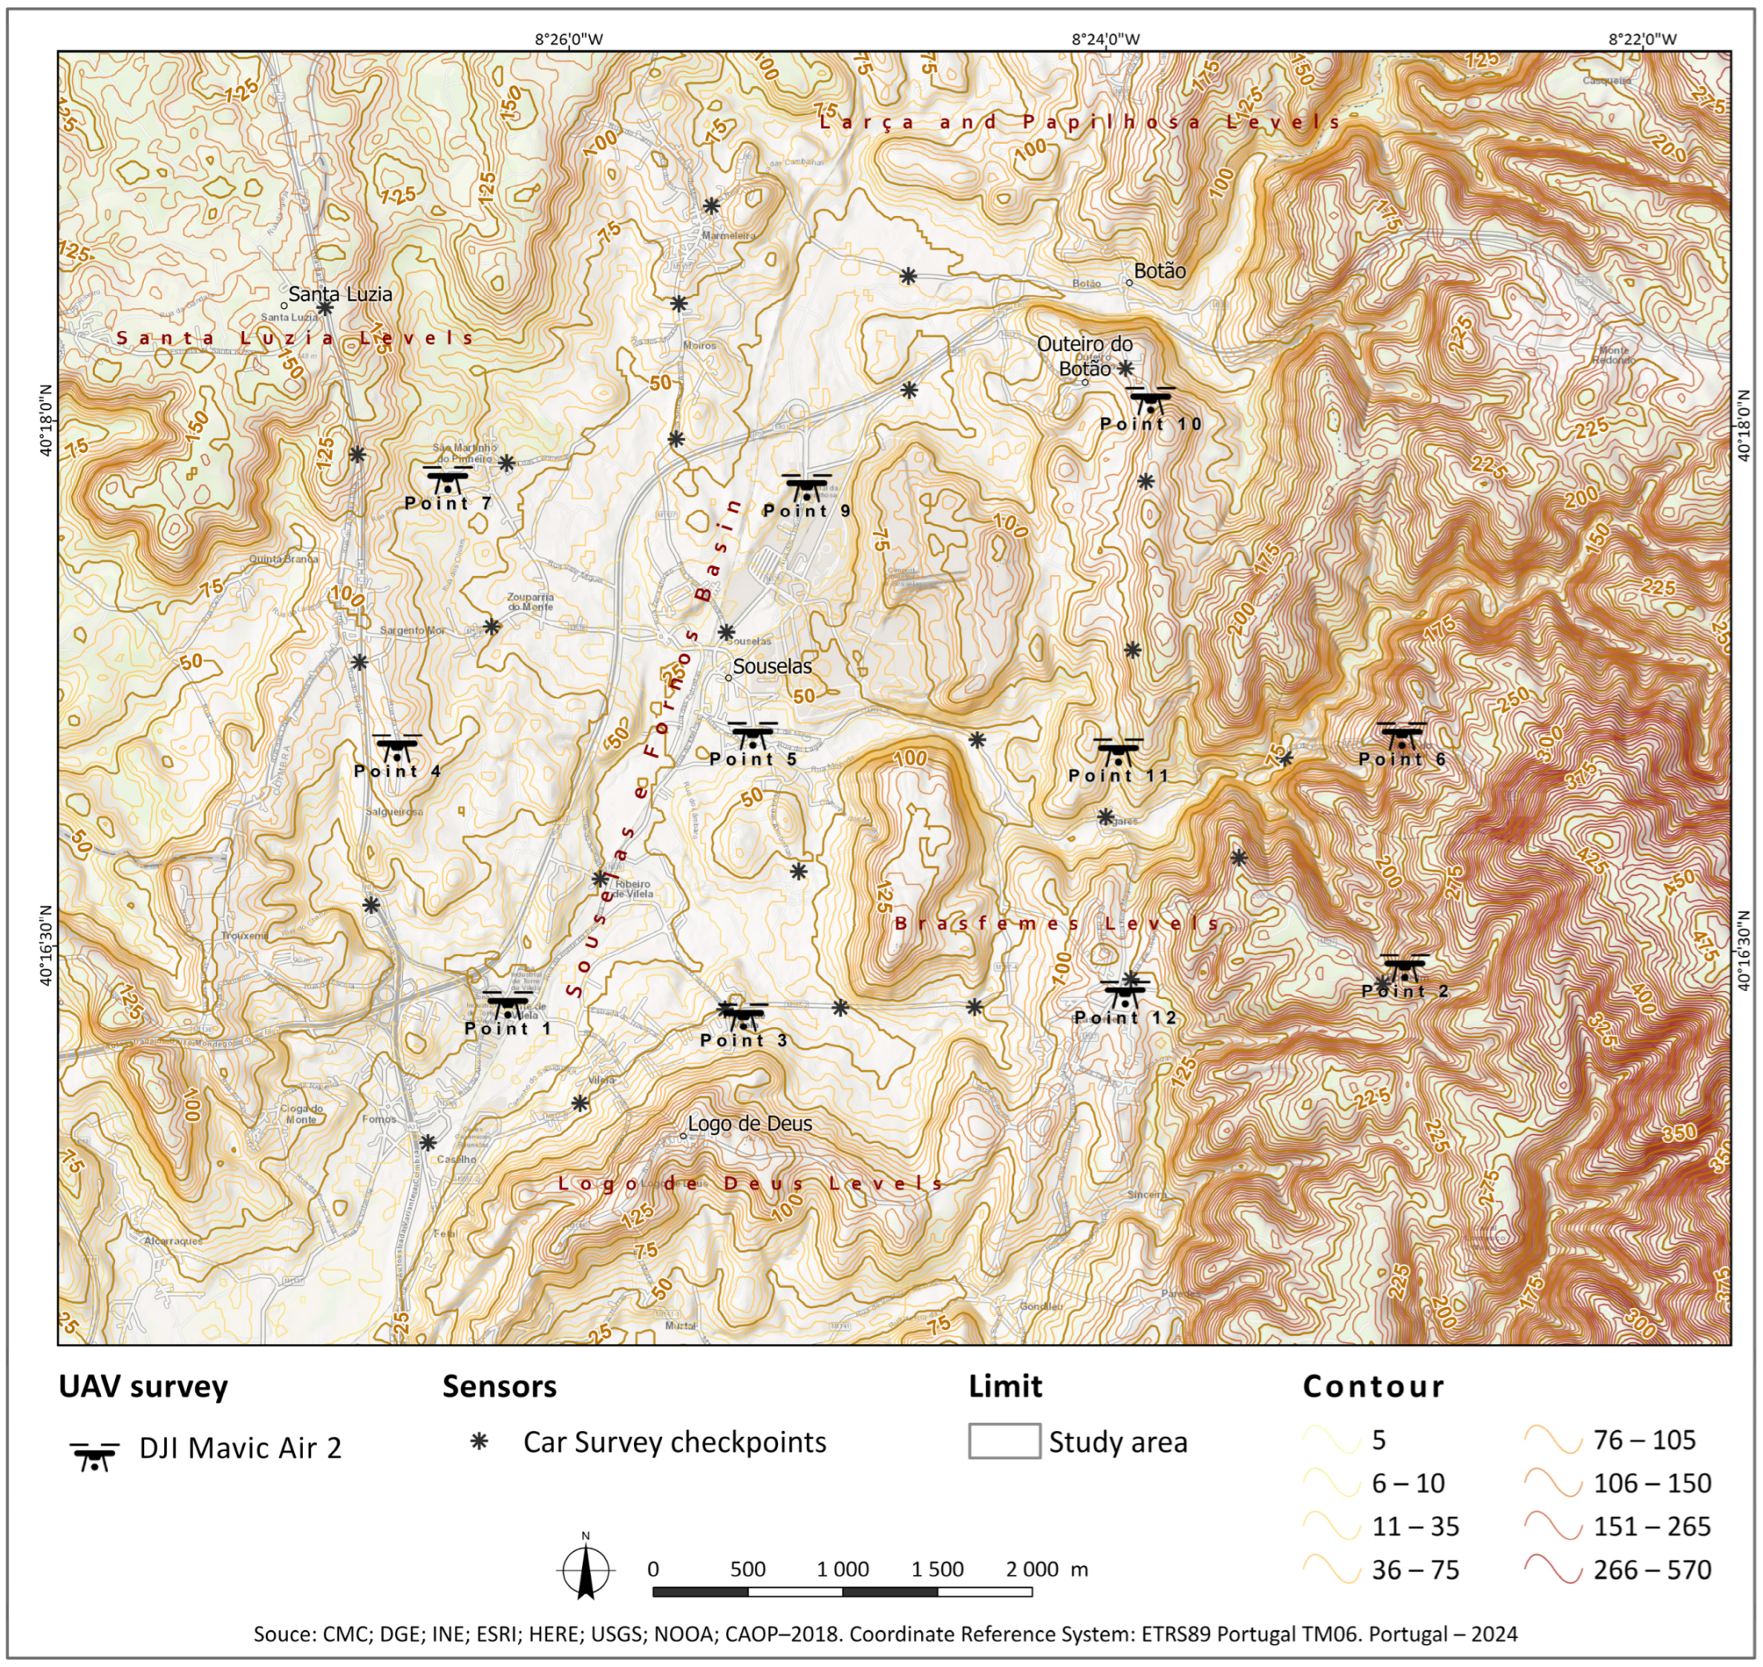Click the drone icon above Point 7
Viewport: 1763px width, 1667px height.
(448, 479)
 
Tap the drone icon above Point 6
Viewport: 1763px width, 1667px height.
(1402, 735)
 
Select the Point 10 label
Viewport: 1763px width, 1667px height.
(1151, 424)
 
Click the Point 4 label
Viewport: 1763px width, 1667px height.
(397, 771)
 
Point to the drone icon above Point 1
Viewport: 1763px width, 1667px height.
(506, 1004)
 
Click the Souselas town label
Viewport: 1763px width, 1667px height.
(772, 666)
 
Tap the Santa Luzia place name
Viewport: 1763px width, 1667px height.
(340, 294)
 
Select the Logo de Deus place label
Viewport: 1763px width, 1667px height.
(750, 1124)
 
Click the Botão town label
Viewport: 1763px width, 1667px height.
(1159, 271)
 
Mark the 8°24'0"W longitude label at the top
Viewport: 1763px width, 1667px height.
(1105, 38)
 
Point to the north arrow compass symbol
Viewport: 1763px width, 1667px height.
(585, 1570)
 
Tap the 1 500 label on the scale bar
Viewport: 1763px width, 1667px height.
(937, 1569)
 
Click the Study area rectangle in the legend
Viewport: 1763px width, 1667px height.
(1003, 1441)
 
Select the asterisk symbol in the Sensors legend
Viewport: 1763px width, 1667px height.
(480, 1441)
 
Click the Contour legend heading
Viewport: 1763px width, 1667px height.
(1373, 1386)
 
